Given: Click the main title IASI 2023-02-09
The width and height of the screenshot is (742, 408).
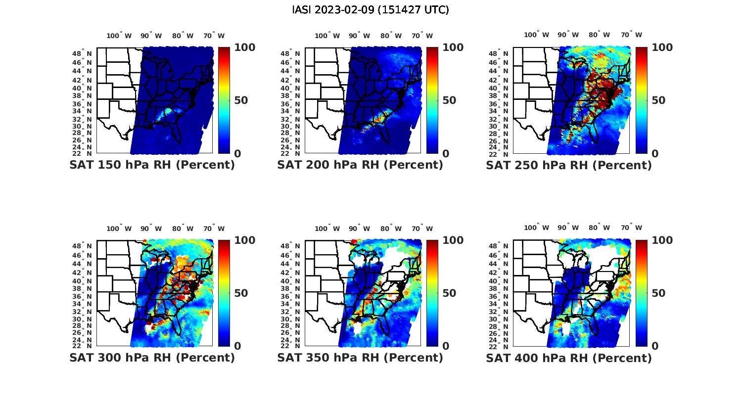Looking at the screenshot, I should [x=371, y=10].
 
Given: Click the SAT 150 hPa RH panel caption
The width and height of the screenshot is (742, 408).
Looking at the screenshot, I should [x=152, y=165].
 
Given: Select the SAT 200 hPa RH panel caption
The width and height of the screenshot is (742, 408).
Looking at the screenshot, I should [x=360, y=165].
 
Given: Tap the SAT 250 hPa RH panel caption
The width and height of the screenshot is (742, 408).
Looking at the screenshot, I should [x=569, y=165].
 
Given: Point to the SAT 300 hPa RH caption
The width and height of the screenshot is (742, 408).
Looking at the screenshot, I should [x=152, y=358].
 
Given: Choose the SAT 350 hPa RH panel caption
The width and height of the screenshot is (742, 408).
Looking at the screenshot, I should [x=360, y=358].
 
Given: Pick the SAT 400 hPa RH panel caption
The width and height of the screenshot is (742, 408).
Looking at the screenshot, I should [x=569, y=358].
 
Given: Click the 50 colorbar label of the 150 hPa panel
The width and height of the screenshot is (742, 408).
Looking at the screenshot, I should [x=241, y=100].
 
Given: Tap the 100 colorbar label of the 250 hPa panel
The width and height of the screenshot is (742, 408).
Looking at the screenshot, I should [x=662, y=47].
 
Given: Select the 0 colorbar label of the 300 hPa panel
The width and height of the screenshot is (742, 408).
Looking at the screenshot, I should [x=237, y=346].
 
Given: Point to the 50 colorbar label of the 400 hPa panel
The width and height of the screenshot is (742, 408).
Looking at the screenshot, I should [x=658, y=293].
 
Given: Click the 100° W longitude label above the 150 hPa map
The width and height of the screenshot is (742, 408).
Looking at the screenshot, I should [x=119, y=36].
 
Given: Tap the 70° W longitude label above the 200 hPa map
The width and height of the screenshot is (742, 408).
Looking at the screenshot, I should [x=422, y=36].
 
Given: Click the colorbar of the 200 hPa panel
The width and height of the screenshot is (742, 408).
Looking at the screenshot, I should [x=432, y=100].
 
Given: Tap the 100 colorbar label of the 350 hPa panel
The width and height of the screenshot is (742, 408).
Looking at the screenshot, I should [x=453, y=240].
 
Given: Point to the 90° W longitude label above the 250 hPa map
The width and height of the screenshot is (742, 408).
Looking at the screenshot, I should [x=568, y=35].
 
